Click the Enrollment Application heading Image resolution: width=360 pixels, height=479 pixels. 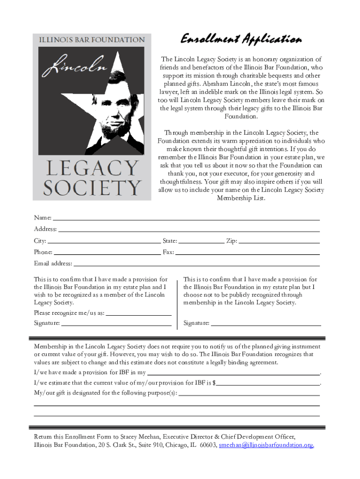pyautogui.click(x=241, y=39)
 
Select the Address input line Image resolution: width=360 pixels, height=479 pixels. pyautogui.click(x=189, y=230)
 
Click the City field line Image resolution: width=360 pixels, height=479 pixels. pyautogui.click(x=104, y=242)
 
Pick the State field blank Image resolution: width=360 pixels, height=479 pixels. pyautogui.click(x=202, y=242)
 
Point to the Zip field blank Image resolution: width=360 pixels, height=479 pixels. pyautogui.click(x=279, y=242)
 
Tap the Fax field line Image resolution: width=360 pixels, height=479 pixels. pyautogui.click(x=247, y=253)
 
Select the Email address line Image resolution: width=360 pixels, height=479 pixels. pyautogui.click(x=196, y=264)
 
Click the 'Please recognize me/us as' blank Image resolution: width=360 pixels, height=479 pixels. pyautogui.click(x=138, y=314)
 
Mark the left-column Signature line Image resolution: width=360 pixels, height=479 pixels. pyautogui.click(x=116, y=324)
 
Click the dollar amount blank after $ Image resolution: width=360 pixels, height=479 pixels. pyautogui.click(x=268, y=384)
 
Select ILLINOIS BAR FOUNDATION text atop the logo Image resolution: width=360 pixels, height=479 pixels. pyautogui.click(x=92, y=40)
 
